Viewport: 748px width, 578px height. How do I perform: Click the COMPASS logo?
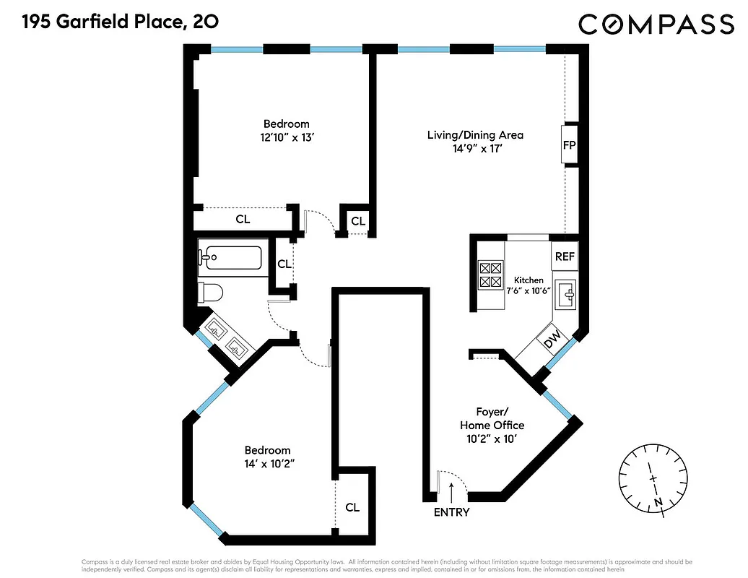pos(656,25)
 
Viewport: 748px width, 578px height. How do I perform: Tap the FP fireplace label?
pos(569,145)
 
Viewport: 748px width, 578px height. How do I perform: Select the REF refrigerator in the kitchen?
pos(564,256)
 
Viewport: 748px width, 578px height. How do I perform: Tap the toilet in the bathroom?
pos(211,293)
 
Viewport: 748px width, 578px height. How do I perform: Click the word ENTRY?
pos(451,512)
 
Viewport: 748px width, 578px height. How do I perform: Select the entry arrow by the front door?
pos(452,491)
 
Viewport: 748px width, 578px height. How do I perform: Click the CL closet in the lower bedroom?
pos(352,507)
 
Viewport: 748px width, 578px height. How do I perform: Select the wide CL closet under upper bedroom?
pos(243,218)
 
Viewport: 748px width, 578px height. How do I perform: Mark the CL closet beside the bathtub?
pos(284,264)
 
